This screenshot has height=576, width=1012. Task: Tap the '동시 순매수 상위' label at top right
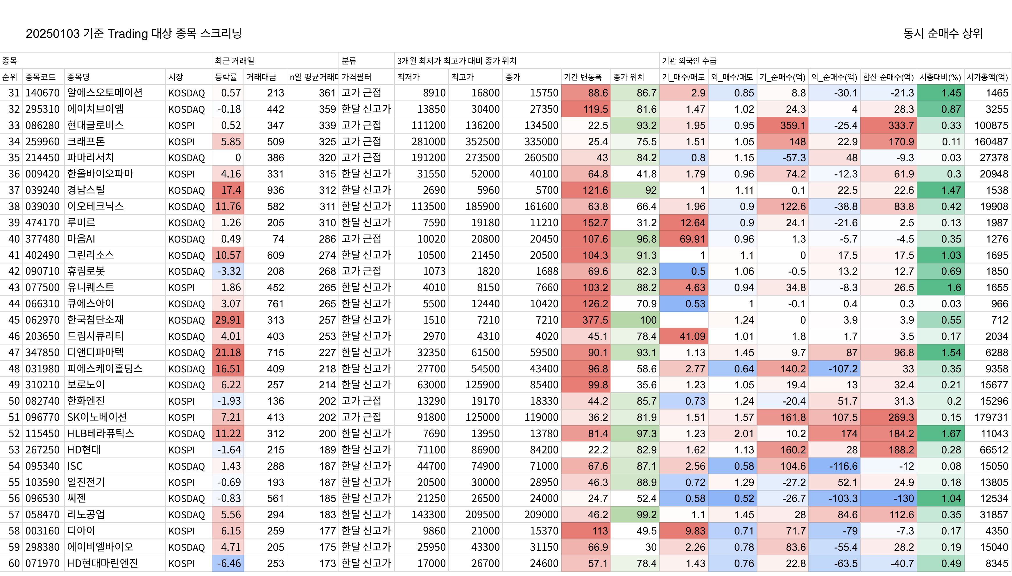pyautogui.click(x=943, y=33)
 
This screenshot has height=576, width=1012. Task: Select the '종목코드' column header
pyautogui.click(x=40, y=77)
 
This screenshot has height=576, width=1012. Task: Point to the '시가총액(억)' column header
pyautogui.click(x=987, y=77)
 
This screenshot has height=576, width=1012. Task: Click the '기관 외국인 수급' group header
pyautogui.click(x=689, y=60)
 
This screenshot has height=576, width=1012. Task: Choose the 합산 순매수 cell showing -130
pyautogui.click(x=888, y=498)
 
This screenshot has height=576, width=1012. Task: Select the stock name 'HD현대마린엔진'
pyautogui.click(x=103, y=563)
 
